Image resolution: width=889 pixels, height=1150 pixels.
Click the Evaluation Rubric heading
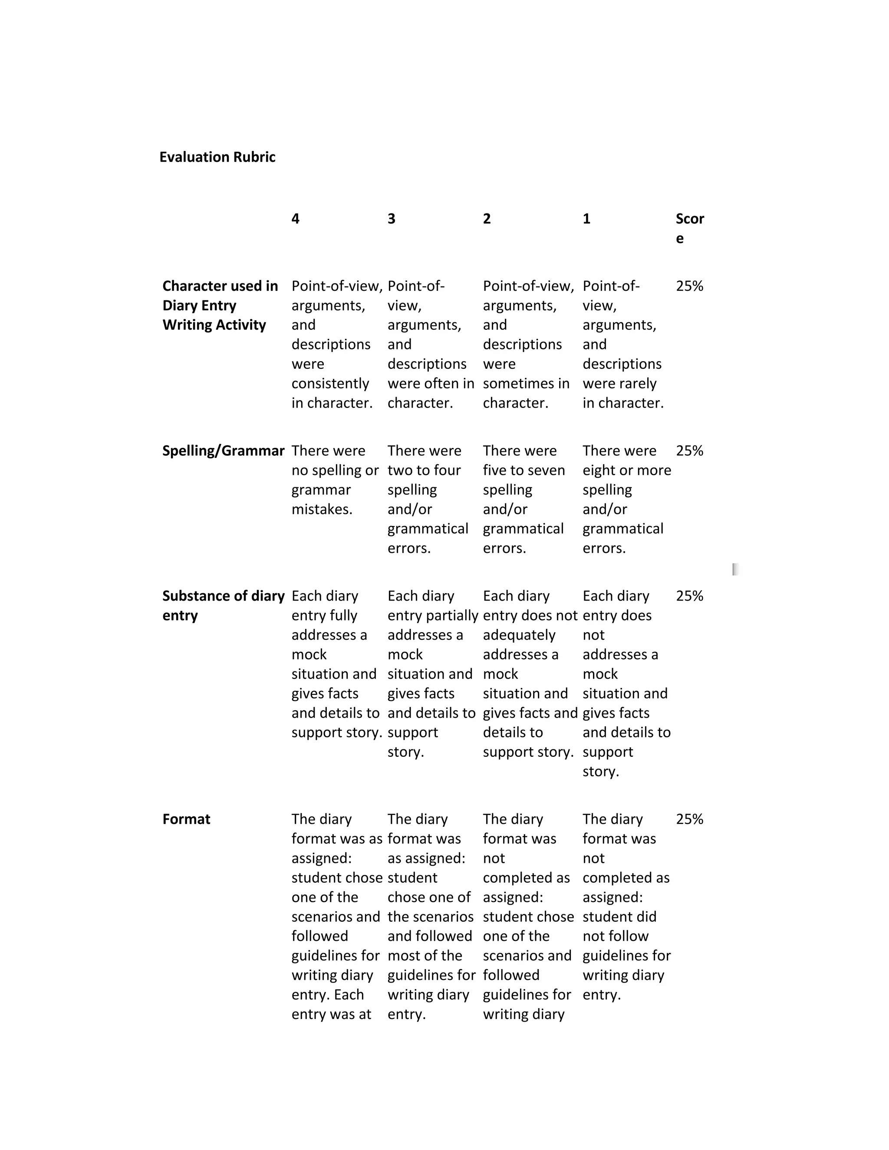[217, 157]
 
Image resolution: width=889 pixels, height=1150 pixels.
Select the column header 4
[296, 219]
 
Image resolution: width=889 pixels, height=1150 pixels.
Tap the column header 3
[391, 219]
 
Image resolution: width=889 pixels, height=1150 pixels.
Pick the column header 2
[487, 219]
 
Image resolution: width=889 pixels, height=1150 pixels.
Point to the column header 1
[586, 219]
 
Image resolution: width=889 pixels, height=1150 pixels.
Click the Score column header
[689, 227]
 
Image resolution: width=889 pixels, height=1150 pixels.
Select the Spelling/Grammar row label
[223, 451]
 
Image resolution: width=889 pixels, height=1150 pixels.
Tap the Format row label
[186, 819]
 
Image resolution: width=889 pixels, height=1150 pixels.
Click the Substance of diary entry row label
[223, 605]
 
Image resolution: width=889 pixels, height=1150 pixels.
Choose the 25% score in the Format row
[689, 819]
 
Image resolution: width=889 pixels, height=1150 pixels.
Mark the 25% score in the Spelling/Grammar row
[689, 451]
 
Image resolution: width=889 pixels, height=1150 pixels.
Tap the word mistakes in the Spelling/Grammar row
[322, 509]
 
